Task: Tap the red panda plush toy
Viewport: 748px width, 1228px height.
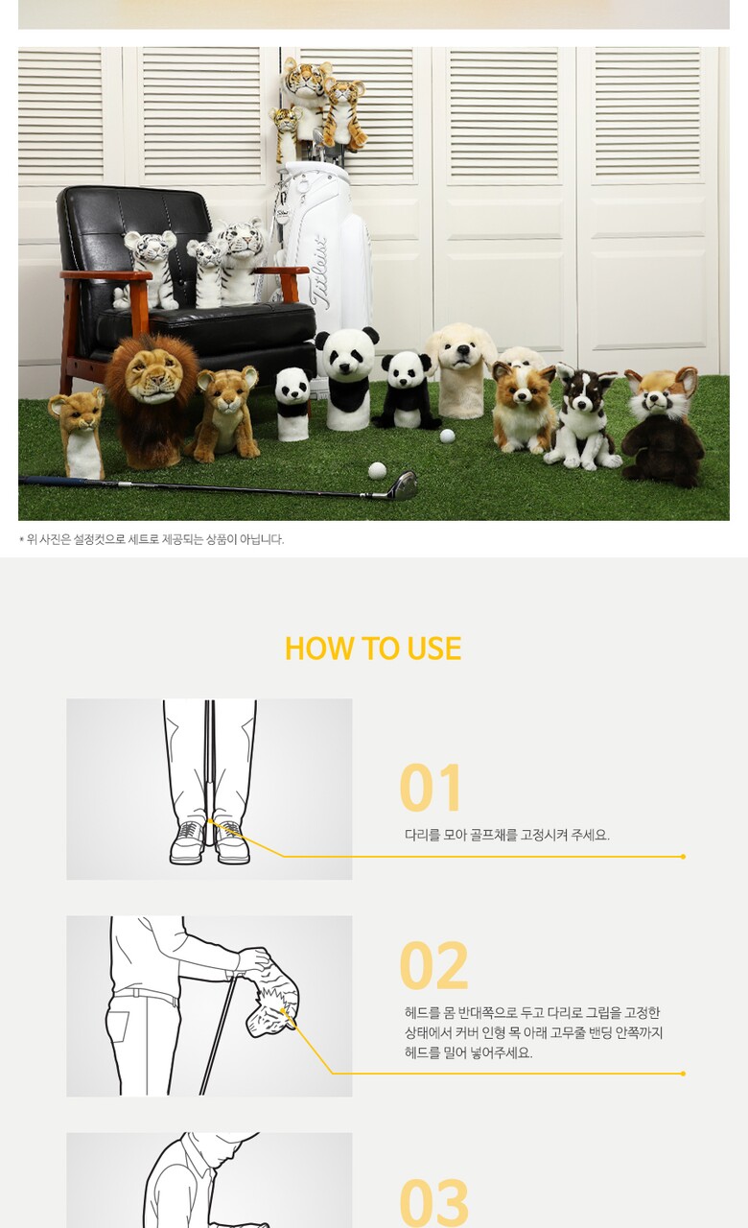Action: [x=662, y=427]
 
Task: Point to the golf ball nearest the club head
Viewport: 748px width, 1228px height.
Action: [x=377, y=471]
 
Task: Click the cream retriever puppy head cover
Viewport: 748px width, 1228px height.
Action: [x=460, y=370]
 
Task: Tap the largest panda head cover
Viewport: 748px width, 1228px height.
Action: [x=348, y=378]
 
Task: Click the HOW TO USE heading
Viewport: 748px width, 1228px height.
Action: [x=373, y=648]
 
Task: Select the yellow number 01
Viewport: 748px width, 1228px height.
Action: [x=431, y=788]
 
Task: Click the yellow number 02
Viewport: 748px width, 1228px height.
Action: [x=434, y=965]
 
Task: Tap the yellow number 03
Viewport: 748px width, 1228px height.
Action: [x=434, y=1202]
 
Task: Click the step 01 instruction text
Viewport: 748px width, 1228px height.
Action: [x=507, y=835]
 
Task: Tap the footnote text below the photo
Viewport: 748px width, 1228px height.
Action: [x=152, y=539]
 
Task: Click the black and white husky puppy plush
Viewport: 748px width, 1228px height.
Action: [x=582, y=416]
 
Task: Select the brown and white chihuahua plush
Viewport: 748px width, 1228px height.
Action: [x=523, y=407]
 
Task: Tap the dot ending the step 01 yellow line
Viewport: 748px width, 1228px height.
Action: [x=683, y=857]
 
